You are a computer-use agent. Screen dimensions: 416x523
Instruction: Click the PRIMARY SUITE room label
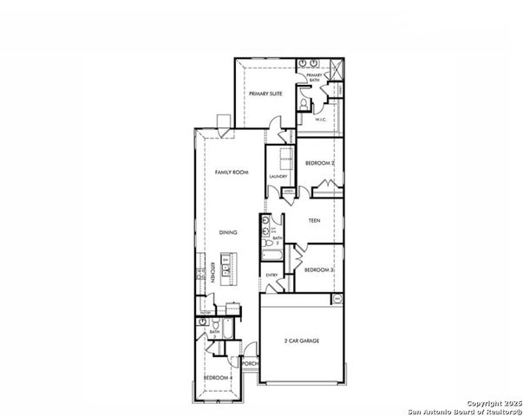coord(265,94)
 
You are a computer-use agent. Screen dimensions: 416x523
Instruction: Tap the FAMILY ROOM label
coord(232,173)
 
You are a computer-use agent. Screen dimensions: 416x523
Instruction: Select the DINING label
coord(228,232)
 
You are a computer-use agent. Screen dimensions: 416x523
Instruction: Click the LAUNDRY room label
coord(278,177)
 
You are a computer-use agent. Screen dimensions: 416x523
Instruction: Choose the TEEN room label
coord(315,221)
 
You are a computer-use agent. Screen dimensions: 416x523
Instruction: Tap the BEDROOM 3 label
coord(318,270)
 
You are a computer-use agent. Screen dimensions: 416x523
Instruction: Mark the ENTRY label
coord(271,276)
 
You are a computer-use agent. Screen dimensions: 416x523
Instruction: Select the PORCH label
coord(250,364)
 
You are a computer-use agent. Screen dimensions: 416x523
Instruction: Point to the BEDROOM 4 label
coord(217,378)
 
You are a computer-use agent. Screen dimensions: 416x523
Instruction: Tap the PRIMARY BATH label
coord(313,78)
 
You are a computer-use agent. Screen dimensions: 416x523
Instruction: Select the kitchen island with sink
coord(226,270)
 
